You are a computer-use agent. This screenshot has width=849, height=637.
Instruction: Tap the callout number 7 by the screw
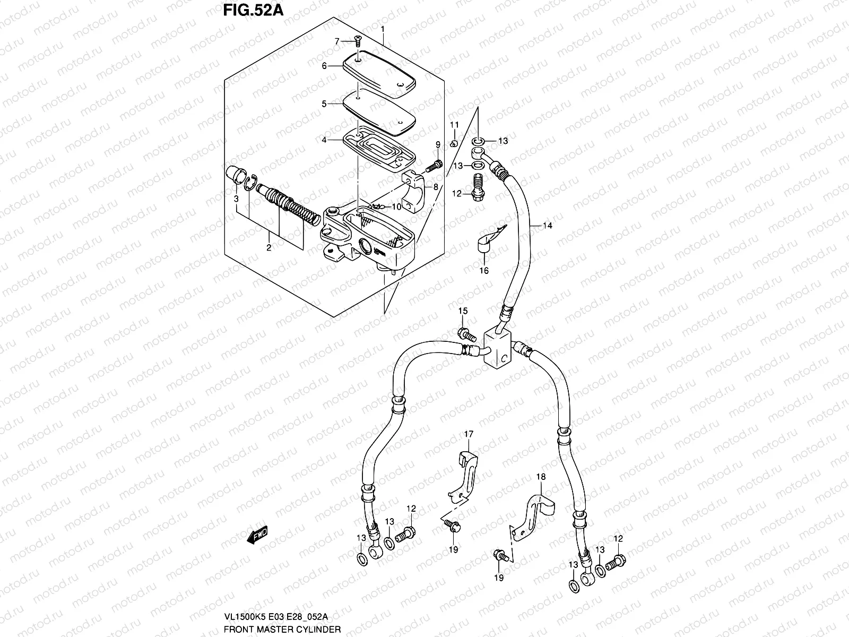point(336,41)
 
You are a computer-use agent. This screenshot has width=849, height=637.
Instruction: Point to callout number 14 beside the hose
point(548,226)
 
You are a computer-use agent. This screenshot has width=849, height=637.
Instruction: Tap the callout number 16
point(484,271)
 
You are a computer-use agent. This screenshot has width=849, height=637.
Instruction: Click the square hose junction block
point(499,348)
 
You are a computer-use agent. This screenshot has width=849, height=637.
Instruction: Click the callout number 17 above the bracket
point(469,434)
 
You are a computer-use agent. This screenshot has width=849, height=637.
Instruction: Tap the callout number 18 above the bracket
point(540,477)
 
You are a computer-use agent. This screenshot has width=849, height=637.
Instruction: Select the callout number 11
point(454,125)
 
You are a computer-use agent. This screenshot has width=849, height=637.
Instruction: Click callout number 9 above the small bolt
point(438,144)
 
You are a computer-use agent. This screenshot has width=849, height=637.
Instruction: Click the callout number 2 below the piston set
point(268,247)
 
